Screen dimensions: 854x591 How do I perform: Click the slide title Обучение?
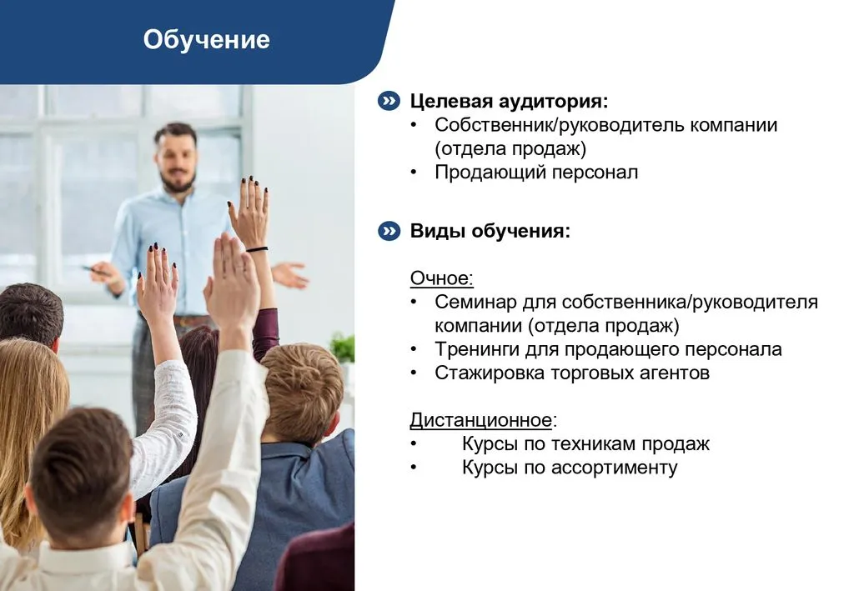[207, 40]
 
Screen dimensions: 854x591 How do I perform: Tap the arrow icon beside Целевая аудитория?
[389, 101]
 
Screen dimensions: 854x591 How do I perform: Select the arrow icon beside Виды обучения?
[389, 231]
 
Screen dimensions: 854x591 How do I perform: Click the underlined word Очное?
[440, 278]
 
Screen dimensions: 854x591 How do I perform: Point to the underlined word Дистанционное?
[481, 420]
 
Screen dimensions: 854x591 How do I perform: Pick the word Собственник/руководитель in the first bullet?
[560, 125]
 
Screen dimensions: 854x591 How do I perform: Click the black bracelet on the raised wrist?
[257, 249]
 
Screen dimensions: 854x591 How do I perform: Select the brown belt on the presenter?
[188, 321]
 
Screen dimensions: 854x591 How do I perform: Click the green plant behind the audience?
[343, 348]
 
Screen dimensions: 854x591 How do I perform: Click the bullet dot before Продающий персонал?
[414, 173]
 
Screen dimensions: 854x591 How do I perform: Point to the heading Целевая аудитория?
[509, 101]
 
